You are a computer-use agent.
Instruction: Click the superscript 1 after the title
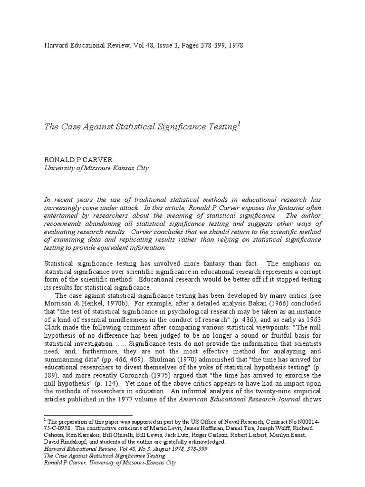pos(239,125)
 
